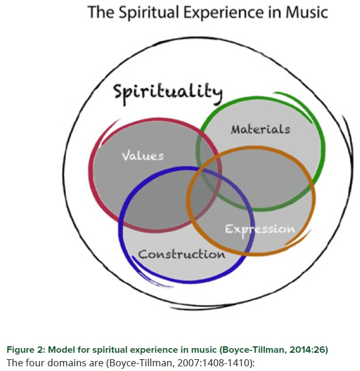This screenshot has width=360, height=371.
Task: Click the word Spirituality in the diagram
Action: pos(168,92)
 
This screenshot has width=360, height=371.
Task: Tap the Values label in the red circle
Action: pos(142,156)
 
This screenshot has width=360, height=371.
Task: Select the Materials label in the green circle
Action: pos(260,129)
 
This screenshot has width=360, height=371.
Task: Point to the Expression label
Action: pos(260,229)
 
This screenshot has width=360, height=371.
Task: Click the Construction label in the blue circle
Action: pos(181,255)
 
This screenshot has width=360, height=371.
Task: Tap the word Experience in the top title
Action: pos(230,12)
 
